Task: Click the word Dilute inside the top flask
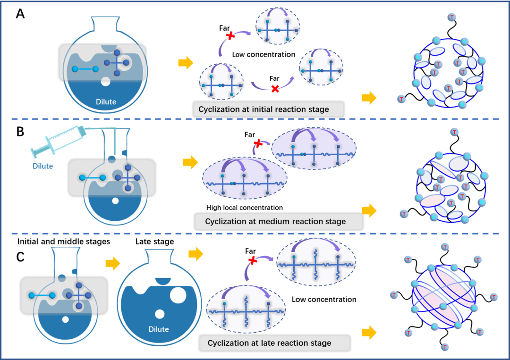[106, 101]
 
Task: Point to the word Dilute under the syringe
[42, 166]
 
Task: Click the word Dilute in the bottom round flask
[159, 329]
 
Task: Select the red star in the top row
[230, 35]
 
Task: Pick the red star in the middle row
[258, 143]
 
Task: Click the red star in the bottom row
[253, 260]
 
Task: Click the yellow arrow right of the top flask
[186, 63]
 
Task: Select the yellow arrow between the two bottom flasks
[112, 263]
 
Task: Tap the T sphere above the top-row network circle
[452, 17]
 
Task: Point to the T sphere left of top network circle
[401, 99]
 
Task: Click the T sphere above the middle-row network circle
[454, 132]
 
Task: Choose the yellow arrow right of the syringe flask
[190, 163]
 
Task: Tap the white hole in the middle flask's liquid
[115, 201]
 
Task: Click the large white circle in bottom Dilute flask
[178, 296]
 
